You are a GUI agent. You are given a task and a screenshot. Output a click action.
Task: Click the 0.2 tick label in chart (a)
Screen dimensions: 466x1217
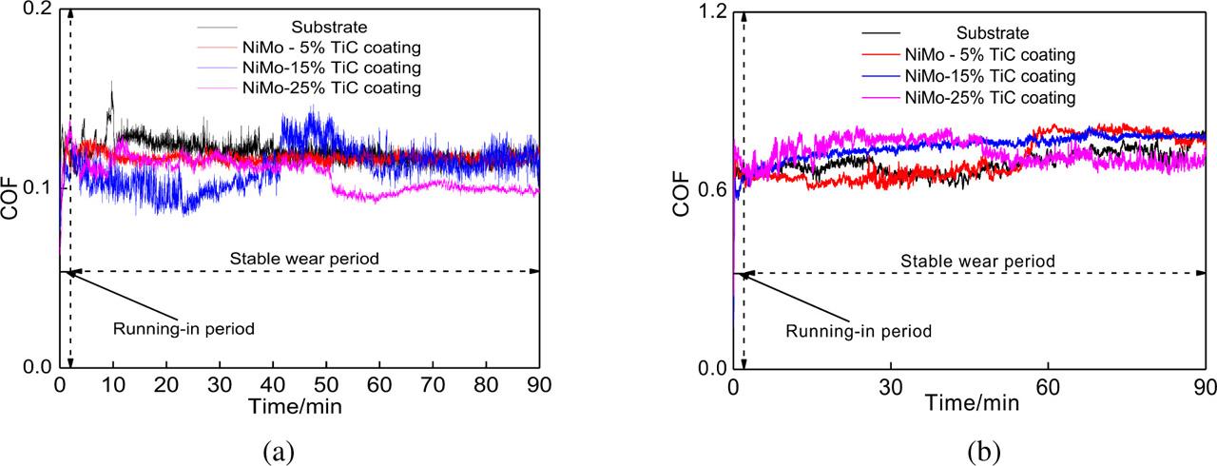pyautogui.click(x=35, y=10)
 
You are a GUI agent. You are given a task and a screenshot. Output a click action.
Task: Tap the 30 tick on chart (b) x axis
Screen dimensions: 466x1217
pyautogui.click(x=890, y=388)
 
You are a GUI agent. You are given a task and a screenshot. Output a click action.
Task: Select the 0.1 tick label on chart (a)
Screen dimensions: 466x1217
pyautogui.click(x=35, y=188)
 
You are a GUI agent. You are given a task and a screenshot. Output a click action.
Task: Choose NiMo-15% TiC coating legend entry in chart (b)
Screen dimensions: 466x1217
pyautogui.click(x=989, y=76)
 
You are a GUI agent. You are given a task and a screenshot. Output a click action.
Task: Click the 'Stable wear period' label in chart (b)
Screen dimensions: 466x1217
pyautogui.click(x=977, y=260)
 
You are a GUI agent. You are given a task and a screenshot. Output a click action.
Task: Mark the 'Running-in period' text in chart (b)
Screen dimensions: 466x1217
pyautogui.click(x=858, y=331)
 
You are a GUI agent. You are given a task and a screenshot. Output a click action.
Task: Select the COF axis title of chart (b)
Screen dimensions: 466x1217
pyautogui.click(x=681, y=190)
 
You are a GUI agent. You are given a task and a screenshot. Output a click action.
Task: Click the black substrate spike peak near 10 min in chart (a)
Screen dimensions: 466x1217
pyautogui.click(x=112, y=83)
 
